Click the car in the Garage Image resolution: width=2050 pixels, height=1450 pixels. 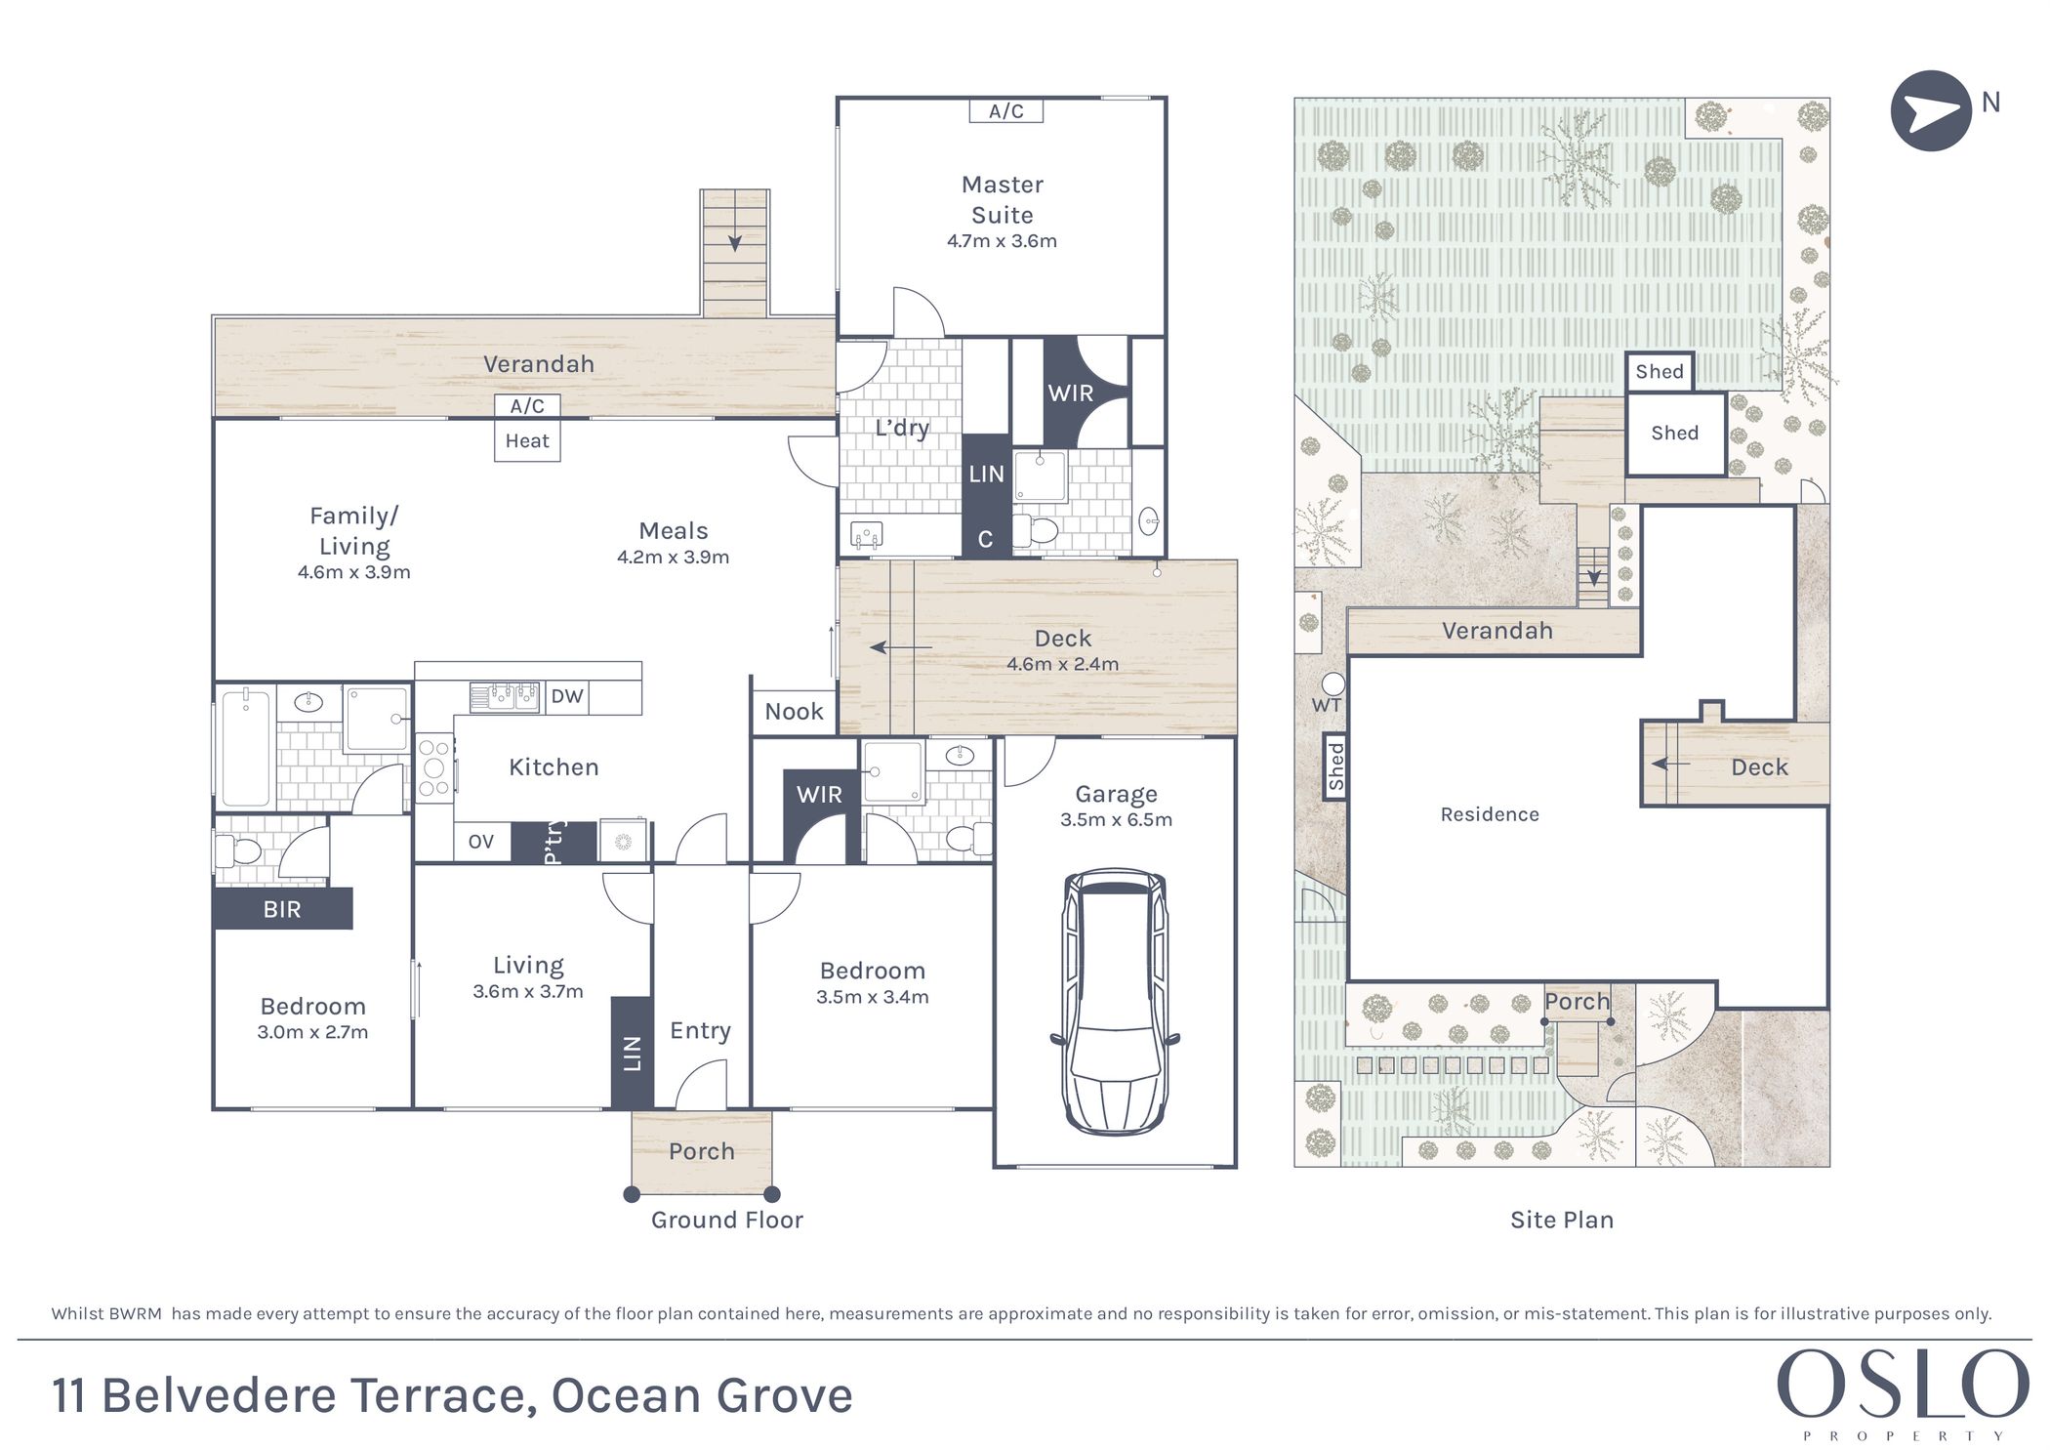1115,1001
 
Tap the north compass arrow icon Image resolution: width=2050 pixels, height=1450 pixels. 1931,111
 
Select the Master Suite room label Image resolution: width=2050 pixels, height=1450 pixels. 1003,199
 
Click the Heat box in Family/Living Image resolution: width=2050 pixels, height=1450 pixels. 527,441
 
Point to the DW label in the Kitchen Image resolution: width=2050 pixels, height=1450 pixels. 567,696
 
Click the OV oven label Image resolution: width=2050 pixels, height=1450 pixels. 481,842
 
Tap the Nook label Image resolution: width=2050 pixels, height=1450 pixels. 794,712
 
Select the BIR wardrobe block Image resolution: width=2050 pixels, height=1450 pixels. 282,909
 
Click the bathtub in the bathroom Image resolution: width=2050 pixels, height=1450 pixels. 245,748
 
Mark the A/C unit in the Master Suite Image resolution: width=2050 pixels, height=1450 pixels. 1006,110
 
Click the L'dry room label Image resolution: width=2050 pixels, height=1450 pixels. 902,428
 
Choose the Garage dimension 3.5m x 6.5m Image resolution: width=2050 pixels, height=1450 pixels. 1116,820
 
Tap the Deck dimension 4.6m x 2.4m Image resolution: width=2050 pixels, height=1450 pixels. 1063,664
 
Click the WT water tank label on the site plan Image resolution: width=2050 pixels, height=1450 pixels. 1327,705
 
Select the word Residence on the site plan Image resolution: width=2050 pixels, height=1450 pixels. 1490,814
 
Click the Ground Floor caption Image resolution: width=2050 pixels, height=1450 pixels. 727,1220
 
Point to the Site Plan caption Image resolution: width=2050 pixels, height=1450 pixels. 1562,1220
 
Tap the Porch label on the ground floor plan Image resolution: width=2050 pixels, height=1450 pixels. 702,1152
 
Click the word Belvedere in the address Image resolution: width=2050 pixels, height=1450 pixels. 220,1396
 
